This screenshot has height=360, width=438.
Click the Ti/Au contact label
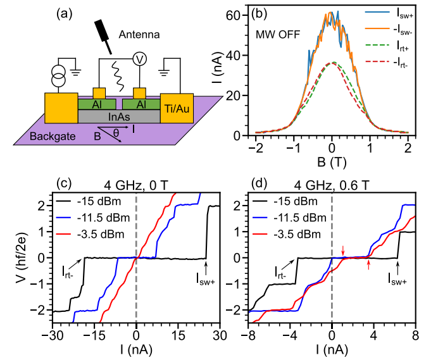177,109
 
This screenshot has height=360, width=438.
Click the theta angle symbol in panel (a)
115,132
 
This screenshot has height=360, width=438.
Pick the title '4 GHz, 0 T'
136,187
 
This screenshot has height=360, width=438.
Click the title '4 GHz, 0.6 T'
331,187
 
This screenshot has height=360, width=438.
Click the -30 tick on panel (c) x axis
53,333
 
